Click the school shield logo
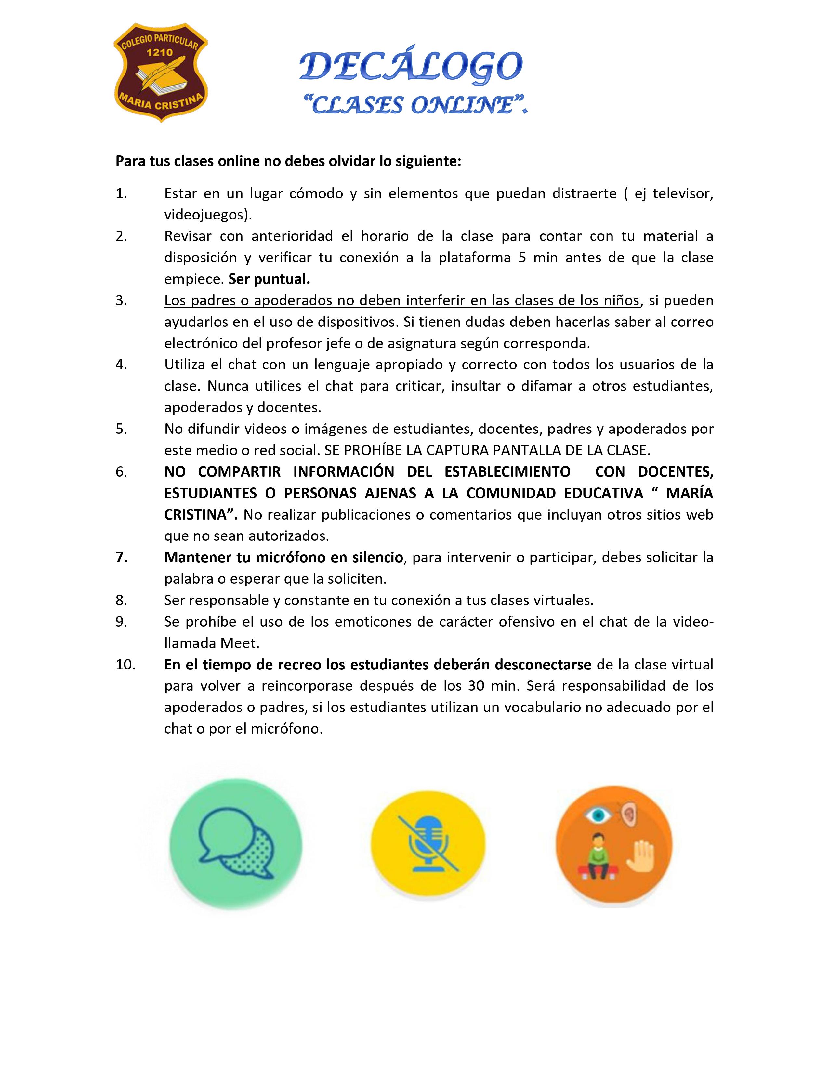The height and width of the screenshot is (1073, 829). click(x=161, y=72)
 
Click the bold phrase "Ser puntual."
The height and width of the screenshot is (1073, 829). click(x=269, y=279)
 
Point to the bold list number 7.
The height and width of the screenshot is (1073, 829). click(x=121, y=557)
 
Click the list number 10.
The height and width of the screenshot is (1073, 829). click(x=125, y=664)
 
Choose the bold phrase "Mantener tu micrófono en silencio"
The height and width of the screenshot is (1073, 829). click(x=284, y=557)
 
